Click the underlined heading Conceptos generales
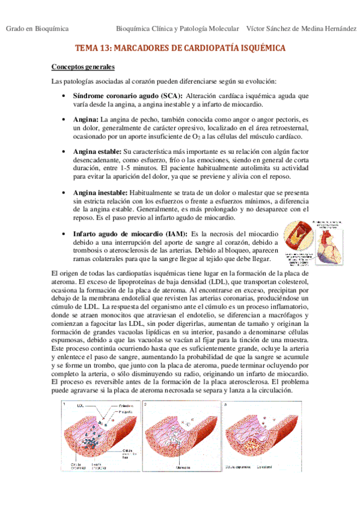click(83, 66)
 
